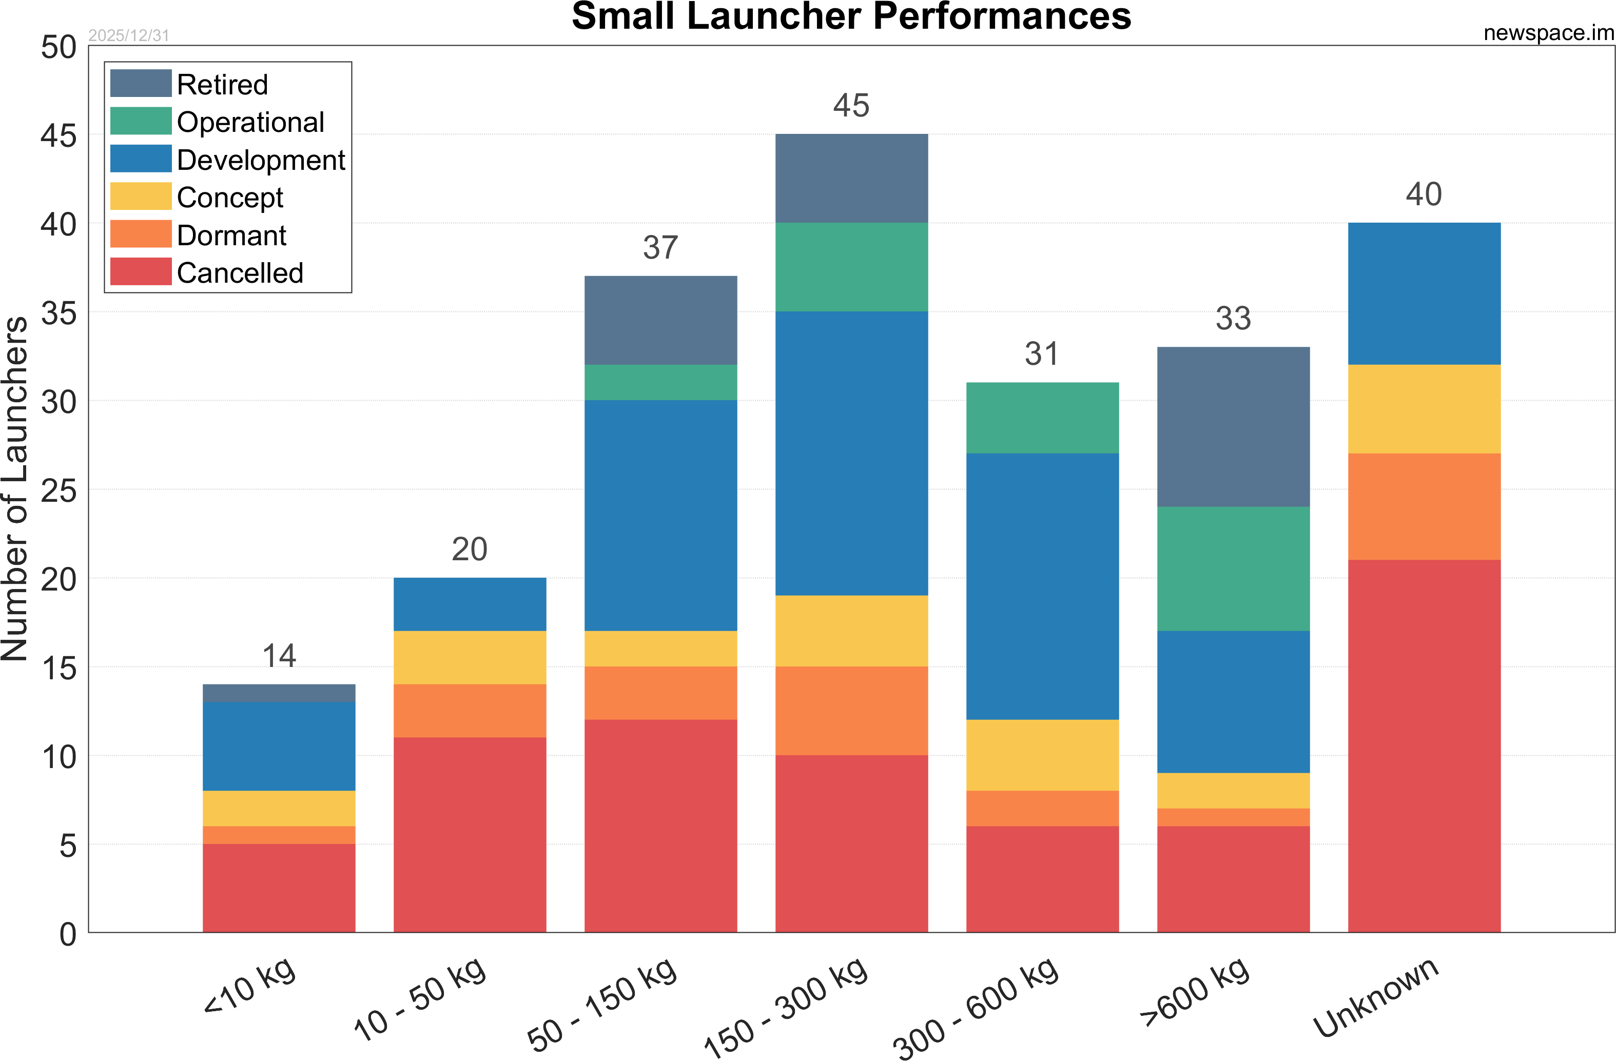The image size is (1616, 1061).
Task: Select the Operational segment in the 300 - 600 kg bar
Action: [x=1042, y=418]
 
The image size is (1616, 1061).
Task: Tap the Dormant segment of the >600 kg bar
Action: [x=1233, y=817]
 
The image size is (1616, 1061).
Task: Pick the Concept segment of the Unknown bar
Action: [x=1424, y=409]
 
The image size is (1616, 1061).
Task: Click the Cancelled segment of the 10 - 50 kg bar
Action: [x=470, y=835]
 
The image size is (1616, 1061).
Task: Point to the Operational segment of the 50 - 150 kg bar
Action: [x=660, y=382]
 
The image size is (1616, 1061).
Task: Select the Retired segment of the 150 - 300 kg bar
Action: [x=851, y=178]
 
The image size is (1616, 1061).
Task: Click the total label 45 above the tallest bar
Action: [x=851, y=106]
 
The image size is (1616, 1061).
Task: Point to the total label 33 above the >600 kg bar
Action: [x=1233, y=319]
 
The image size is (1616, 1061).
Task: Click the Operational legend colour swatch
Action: [x=141, y=122]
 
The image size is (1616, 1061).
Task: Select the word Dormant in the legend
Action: [x=231, y=235]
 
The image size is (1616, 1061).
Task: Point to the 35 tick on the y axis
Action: [x=59, y=313]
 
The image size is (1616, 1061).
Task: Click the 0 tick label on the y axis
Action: [x=68, y=934]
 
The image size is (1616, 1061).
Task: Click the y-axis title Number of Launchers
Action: [x=15, y=489]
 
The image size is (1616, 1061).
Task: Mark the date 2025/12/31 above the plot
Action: [x=128, y=35]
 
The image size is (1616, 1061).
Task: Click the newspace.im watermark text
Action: [x=1548, y=33]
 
